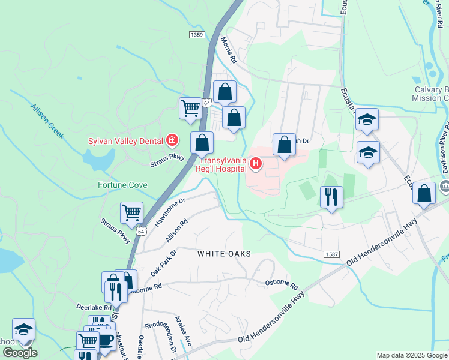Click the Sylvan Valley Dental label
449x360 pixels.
click(125, 141)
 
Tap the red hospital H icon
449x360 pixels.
click(256, 163)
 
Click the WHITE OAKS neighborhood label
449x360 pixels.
click(224, 254)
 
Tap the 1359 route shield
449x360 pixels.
click(196, 35)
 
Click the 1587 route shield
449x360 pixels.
click(332, 254)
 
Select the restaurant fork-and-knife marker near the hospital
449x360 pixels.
click(331, 196)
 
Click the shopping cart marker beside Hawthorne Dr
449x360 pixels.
click(131, 212)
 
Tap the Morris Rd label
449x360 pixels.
click(228, 49)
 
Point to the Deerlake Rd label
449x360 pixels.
click(94, 307)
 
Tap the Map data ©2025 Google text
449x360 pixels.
click(411, 355)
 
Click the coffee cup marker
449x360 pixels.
click(106, 339)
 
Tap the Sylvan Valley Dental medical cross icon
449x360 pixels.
click(172, 140)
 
